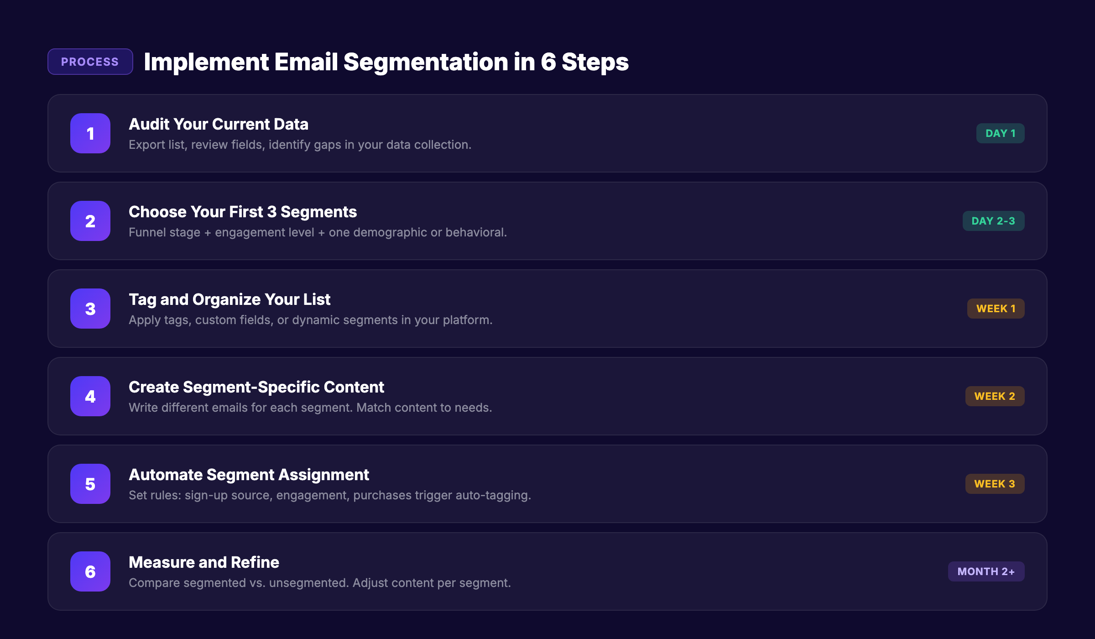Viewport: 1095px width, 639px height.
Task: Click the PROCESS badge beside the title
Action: click(x=90, y=62)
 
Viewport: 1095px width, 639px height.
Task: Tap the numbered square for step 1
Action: click(x=90, y=133)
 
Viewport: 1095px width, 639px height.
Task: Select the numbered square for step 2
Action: click(x=90, y=221)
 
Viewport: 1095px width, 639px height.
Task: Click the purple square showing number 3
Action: click(x=90, y=309)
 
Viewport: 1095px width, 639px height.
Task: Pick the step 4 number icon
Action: click(x=90, y=396)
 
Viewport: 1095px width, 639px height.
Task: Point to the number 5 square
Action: click(x=90, y=484)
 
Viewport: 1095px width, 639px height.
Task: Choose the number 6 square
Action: click(x=90, y=571)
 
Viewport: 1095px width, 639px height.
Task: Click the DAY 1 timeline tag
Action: click(x=1000, y=133)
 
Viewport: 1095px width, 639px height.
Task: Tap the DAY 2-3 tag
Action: click(x=993, y=221)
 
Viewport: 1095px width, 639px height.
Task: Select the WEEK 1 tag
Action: click(x=996, y=309)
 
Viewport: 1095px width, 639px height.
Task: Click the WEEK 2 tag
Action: click(x=995, y=396)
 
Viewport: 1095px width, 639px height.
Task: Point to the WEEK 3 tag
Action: click(x=995, y=484)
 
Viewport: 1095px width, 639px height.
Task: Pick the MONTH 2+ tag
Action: click(x=986, y=571)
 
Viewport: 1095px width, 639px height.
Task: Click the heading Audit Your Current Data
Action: click(x=219, y=124)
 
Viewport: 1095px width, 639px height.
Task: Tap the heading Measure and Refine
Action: click(x=204, y=562)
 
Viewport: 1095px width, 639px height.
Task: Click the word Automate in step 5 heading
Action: click(x=165, y=475)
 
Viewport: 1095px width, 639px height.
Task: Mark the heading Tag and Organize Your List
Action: click(x=229, y=299)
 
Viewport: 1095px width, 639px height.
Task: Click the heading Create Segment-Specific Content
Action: click(x=256, y=387)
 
